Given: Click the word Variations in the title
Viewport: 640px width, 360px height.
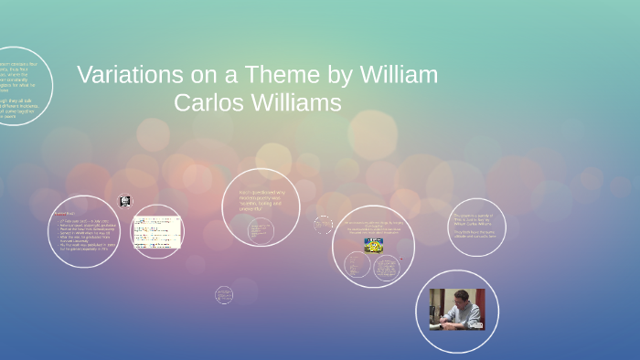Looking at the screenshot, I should (123, 75).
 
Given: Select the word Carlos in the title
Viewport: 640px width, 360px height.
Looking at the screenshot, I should (209, 102).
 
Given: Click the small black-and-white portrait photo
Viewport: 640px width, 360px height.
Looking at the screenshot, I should (125, 201).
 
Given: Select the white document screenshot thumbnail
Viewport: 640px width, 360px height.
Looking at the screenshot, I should (156, 232).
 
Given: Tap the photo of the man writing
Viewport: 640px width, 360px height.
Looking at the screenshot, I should (457, 310).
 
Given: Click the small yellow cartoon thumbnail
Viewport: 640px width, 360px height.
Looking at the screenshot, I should (373, 245).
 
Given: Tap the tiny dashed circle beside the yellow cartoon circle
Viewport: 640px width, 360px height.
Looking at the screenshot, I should (323, 224).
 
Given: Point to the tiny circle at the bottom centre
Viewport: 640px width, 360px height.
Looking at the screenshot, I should (224, 294).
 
